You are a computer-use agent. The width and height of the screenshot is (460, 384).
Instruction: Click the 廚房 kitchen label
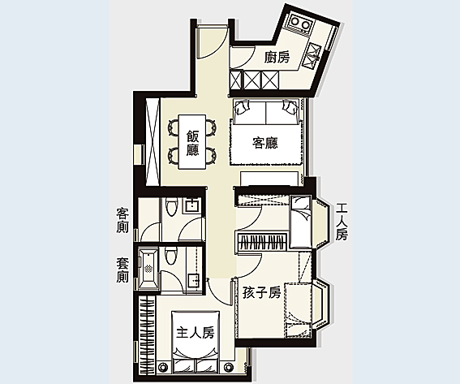[x=277, y=57]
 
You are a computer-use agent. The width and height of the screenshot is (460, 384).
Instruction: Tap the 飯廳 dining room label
[x=192, y=143]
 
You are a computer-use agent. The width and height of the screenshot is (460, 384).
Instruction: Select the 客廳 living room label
[x=265, y=143]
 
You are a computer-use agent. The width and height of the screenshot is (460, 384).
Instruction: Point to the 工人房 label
[x=342, y=222]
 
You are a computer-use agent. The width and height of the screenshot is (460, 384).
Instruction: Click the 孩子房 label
[x=262, y=293]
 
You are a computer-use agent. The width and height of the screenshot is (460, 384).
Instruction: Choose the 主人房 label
[x=195, y=333]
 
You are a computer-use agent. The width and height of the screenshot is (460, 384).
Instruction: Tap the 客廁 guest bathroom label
[x=123, y=220]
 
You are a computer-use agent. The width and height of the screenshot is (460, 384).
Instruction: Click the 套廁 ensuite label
[x=123, y=270]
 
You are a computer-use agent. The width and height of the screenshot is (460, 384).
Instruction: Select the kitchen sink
[x=312, y=55]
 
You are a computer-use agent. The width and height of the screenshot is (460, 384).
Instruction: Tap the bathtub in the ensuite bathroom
[x=148, y=268]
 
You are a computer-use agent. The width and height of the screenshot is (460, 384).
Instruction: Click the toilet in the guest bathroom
[x=172, y=207]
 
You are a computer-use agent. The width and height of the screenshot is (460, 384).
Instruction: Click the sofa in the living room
[x=266, y=111]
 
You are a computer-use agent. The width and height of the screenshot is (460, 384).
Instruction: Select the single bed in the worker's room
[x=300, y=222]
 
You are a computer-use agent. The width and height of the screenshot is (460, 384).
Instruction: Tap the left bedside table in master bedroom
[x=163, y=367]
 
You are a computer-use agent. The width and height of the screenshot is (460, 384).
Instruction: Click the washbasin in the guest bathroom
[x=192, y=205]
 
